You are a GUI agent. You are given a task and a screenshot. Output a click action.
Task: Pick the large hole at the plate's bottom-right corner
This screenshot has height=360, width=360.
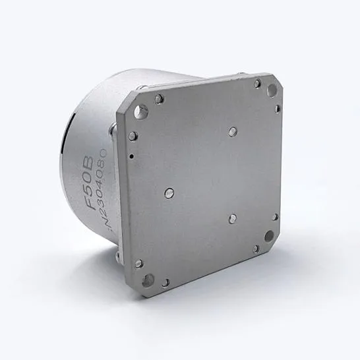[x=269, y=235]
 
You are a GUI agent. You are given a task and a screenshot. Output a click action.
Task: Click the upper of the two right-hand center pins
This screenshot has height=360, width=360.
[x=231, y=131]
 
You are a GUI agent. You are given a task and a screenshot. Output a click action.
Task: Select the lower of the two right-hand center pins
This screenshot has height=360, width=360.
[x=232, y=217]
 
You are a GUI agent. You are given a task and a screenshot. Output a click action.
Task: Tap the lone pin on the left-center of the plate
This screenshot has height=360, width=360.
[x=169, y=193]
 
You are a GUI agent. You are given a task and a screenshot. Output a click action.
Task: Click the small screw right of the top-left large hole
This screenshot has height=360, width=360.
[x=159, y=99]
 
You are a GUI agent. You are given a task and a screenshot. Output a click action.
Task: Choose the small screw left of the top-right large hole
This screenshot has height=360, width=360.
[x=257, y=84]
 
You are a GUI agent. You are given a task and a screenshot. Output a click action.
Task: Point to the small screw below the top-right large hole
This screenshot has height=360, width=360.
[x=278, y=109]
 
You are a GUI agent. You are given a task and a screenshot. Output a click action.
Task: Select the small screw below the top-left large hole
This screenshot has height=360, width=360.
[x=133, y=136]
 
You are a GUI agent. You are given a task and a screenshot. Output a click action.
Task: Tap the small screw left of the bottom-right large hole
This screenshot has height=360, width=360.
[x=256, y=249]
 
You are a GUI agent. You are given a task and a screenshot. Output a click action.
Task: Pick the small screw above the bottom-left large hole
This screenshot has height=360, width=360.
[x=138, y=263]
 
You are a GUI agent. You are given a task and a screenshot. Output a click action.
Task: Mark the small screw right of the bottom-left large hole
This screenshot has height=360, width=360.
[x=165, y=282]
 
